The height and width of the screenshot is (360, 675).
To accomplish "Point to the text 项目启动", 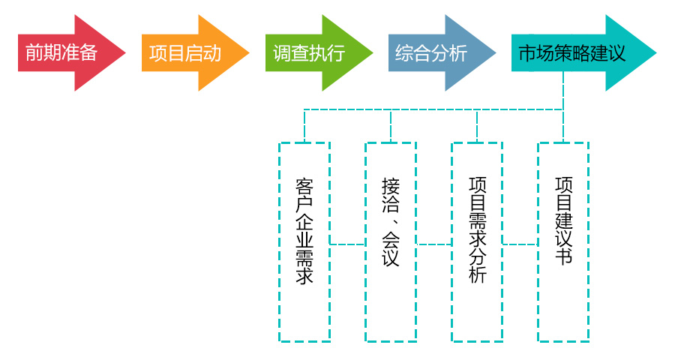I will click(x=184, y=53).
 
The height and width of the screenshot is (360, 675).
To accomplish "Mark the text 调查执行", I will click(x=308, y=53).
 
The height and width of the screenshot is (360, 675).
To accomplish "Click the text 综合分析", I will click(x=431, y=53).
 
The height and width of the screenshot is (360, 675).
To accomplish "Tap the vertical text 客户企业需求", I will click(x=304, y=231).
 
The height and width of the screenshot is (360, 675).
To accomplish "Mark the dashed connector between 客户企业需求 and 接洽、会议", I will click(x=347, y=244).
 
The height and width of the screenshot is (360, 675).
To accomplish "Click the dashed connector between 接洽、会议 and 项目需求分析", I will click(x=433, y=244).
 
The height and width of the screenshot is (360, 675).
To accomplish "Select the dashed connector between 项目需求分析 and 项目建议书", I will click(x=520, y=244).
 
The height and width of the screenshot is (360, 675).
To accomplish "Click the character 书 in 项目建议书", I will click(x=563, y=256).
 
